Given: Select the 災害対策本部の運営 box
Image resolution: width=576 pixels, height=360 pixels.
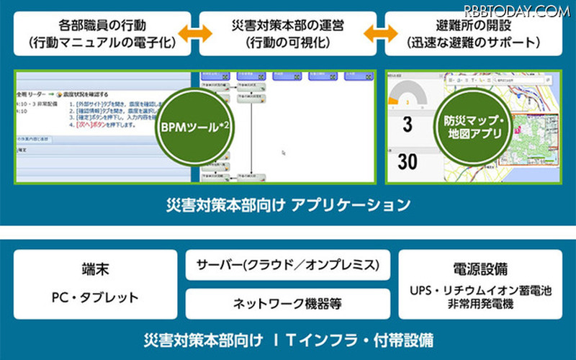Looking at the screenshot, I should pos(289,33).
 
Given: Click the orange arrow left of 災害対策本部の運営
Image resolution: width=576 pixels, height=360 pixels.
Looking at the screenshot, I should pos(195,33).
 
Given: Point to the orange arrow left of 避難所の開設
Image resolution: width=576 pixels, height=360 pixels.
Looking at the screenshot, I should pos(379,33).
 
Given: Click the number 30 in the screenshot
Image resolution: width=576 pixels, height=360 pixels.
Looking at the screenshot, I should pos(407,162).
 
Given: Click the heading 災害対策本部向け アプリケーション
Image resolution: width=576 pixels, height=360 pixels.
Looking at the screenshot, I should pos(288,205).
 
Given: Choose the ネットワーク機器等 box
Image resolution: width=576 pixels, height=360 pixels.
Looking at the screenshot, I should pos(288,304).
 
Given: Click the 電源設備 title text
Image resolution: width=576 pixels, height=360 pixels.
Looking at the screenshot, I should pos(481,268).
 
